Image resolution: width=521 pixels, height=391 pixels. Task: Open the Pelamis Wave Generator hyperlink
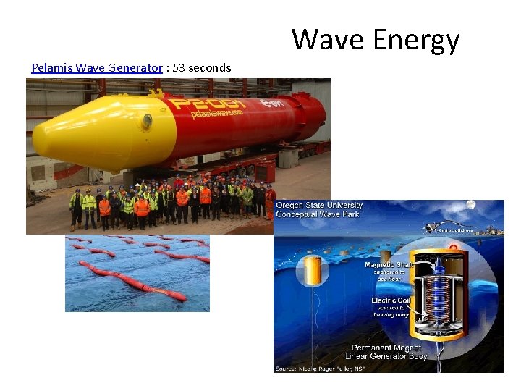(97, 68)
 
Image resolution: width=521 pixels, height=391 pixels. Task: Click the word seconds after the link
(210, 68)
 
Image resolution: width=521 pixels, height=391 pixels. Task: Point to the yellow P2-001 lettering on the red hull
(218, 104)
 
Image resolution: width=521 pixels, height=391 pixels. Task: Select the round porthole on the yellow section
(147, 121)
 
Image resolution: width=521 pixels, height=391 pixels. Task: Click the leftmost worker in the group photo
(75, 207)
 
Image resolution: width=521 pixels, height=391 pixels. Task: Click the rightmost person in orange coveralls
(270, 202)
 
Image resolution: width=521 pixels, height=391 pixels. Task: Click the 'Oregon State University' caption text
(319, 206)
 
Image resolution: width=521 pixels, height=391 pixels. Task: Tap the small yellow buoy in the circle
(313, 270)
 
